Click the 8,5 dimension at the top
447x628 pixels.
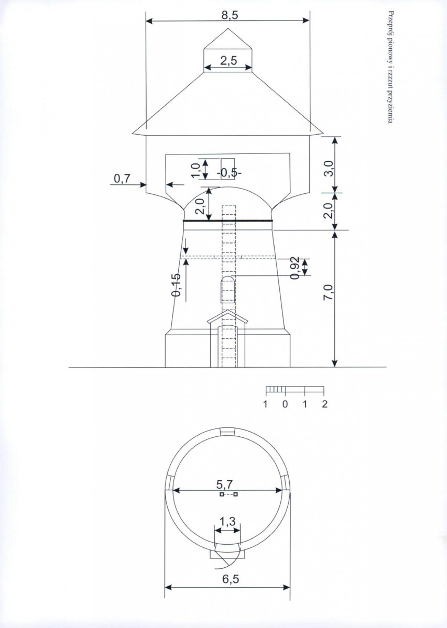tap(230, 15)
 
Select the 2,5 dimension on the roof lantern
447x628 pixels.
tap(228, 61)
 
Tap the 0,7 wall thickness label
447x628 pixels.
tap(122, 179)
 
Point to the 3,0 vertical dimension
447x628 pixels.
tap(329, 169)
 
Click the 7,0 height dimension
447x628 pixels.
tap(329, 292)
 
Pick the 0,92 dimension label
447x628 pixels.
tap(295, 268)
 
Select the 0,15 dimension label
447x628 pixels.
tap(176, 285)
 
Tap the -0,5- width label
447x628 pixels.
tap(229, 173)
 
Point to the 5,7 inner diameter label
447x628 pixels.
tap(224, 484)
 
